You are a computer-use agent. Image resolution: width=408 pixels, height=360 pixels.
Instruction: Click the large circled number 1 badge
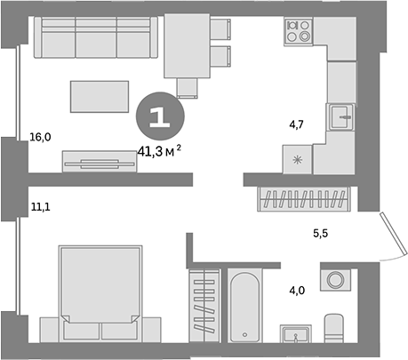click(161, 115)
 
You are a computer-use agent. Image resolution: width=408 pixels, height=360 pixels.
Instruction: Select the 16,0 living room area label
click(40, 137)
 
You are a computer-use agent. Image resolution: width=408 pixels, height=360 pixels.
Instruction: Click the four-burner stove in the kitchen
click(297, 33)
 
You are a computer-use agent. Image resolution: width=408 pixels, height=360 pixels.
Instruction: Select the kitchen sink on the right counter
click(342, 116)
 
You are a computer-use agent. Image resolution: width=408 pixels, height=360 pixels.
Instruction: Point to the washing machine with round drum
click(336, 281)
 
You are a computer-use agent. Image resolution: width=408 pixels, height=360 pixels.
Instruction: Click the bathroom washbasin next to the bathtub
click(295, 332)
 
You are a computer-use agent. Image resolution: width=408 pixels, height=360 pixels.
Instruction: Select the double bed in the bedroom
click(99, 294)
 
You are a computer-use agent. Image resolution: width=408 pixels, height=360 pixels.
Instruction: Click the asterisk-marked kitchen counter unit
click(296, 158)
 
